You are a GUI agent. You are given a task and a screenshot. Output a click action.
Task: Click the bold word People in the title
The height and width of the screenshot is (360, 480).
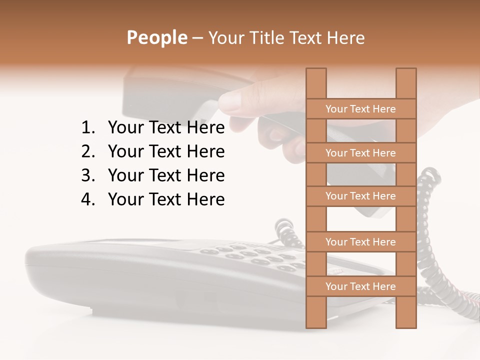[x=156, y=37]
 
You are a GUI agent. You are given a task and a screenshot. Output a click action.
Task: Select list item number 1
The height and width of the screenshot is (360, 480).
[x=166, y=128]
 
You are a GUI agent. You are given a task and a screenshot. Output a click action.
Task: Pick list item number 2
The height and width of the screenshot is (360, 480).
[x=166, y=151]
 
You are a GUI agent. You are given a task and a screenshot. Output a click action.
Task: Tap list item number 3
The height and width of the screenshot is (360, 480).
[x=166, y=175]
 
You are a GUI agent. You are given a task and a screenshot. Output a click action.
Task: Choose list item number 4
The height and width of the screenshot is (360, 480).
[x=166, y=199]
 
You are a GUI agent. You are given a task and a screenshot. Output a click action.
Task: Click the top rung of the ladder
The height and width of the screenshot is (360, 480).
[x=360, y=109]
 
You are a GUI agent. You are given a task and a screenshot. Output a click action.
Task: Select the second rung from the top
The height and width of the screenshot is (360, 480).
[x=360, y=153]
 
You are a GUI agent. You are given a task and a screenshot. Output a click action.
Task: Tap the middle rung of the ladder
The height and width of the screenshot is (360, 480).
[x=360, y=196]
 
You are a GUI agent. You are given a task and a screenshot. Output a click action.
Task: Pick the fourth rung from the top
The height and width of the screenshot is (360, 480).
[x=360, y=242]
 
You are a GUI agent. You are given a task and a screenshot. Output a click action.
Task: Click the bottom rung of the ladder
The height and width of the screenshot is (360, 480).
[x=360, y=286]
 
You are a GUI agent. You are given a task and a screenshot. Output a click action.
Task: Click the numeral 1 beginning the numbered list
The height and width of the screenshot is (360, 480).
[x=87, y=128]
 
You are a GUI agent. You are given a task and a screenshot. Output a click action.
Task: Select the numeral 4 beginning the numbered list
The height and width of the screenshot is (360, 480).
[x=87, y=199]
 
